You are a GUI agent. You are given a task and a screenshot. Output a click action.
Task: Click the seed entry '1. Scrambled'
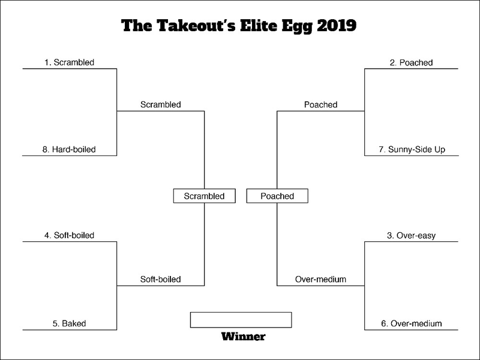pos(69,62)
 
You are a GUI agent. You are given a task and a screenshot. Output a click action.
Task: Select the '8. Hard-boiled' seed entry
pos(69,149)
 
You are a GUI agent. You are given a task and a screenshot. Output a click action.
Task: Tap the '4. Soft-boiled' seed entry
pos(69,235)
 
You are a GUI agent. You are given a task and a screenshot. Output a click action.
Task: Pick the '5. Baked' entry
pos(69,323)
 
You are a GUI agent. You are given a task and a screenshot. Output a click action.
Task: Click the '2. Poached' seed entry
pos(411,63)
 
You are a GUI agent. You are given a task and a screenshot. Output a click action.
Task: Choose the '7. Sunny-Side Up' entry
pos(412,149)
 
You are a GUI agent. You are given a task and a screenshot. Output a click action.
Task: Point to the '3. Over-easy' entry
pos(411,236)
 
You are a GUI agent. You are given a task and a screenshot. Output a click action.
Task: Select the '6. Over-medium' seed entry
pos(412,323)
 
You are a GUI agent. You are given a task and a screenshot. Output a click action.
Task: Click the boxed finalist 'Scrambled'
pos(204,196)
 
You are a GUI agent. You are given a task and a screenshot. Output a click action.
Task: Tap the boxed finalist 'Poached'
pos(277,196)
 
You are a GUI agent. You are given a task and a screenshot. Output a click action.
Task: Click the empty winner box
pos(241,320)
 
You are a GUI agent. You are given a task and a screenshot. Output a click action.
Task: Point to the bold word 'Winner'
pos(244,337)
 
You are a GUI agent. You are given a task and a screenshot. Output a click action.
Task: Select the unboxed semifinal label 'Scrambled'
pos(161,104)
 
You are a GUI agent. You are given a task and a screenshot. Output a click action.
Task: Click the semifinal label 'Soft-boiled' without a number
pos(160,279)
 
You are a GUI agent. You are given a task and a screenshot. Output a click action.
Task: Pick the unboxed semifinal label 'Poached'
pos(320,104)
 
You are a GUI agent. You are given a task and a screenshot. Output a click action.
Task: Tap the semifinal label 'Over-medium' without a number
pos(320,279)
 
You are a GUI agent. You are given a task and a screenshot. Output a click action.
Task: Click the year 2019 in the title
pos(337,25)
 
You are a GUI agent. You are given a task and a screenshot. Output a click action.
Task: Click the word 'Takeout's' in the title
pos(196,25)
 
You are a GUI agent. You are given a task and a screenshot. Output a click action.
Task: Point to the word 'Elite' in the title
pos(259,25)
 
